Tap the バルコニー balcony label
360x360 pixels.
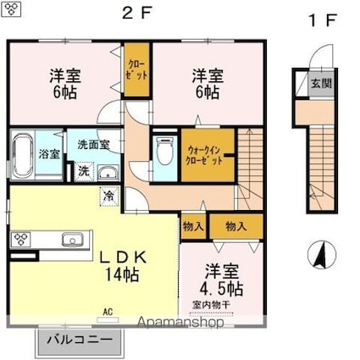click(x=79, y=340)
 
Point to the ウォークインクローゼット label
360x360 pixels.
click(x=206, y=154)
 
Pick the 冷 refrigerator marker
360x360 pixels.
click(x=109, y=196)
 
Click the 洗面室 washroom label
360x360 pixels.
click(x=93, y=145)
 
